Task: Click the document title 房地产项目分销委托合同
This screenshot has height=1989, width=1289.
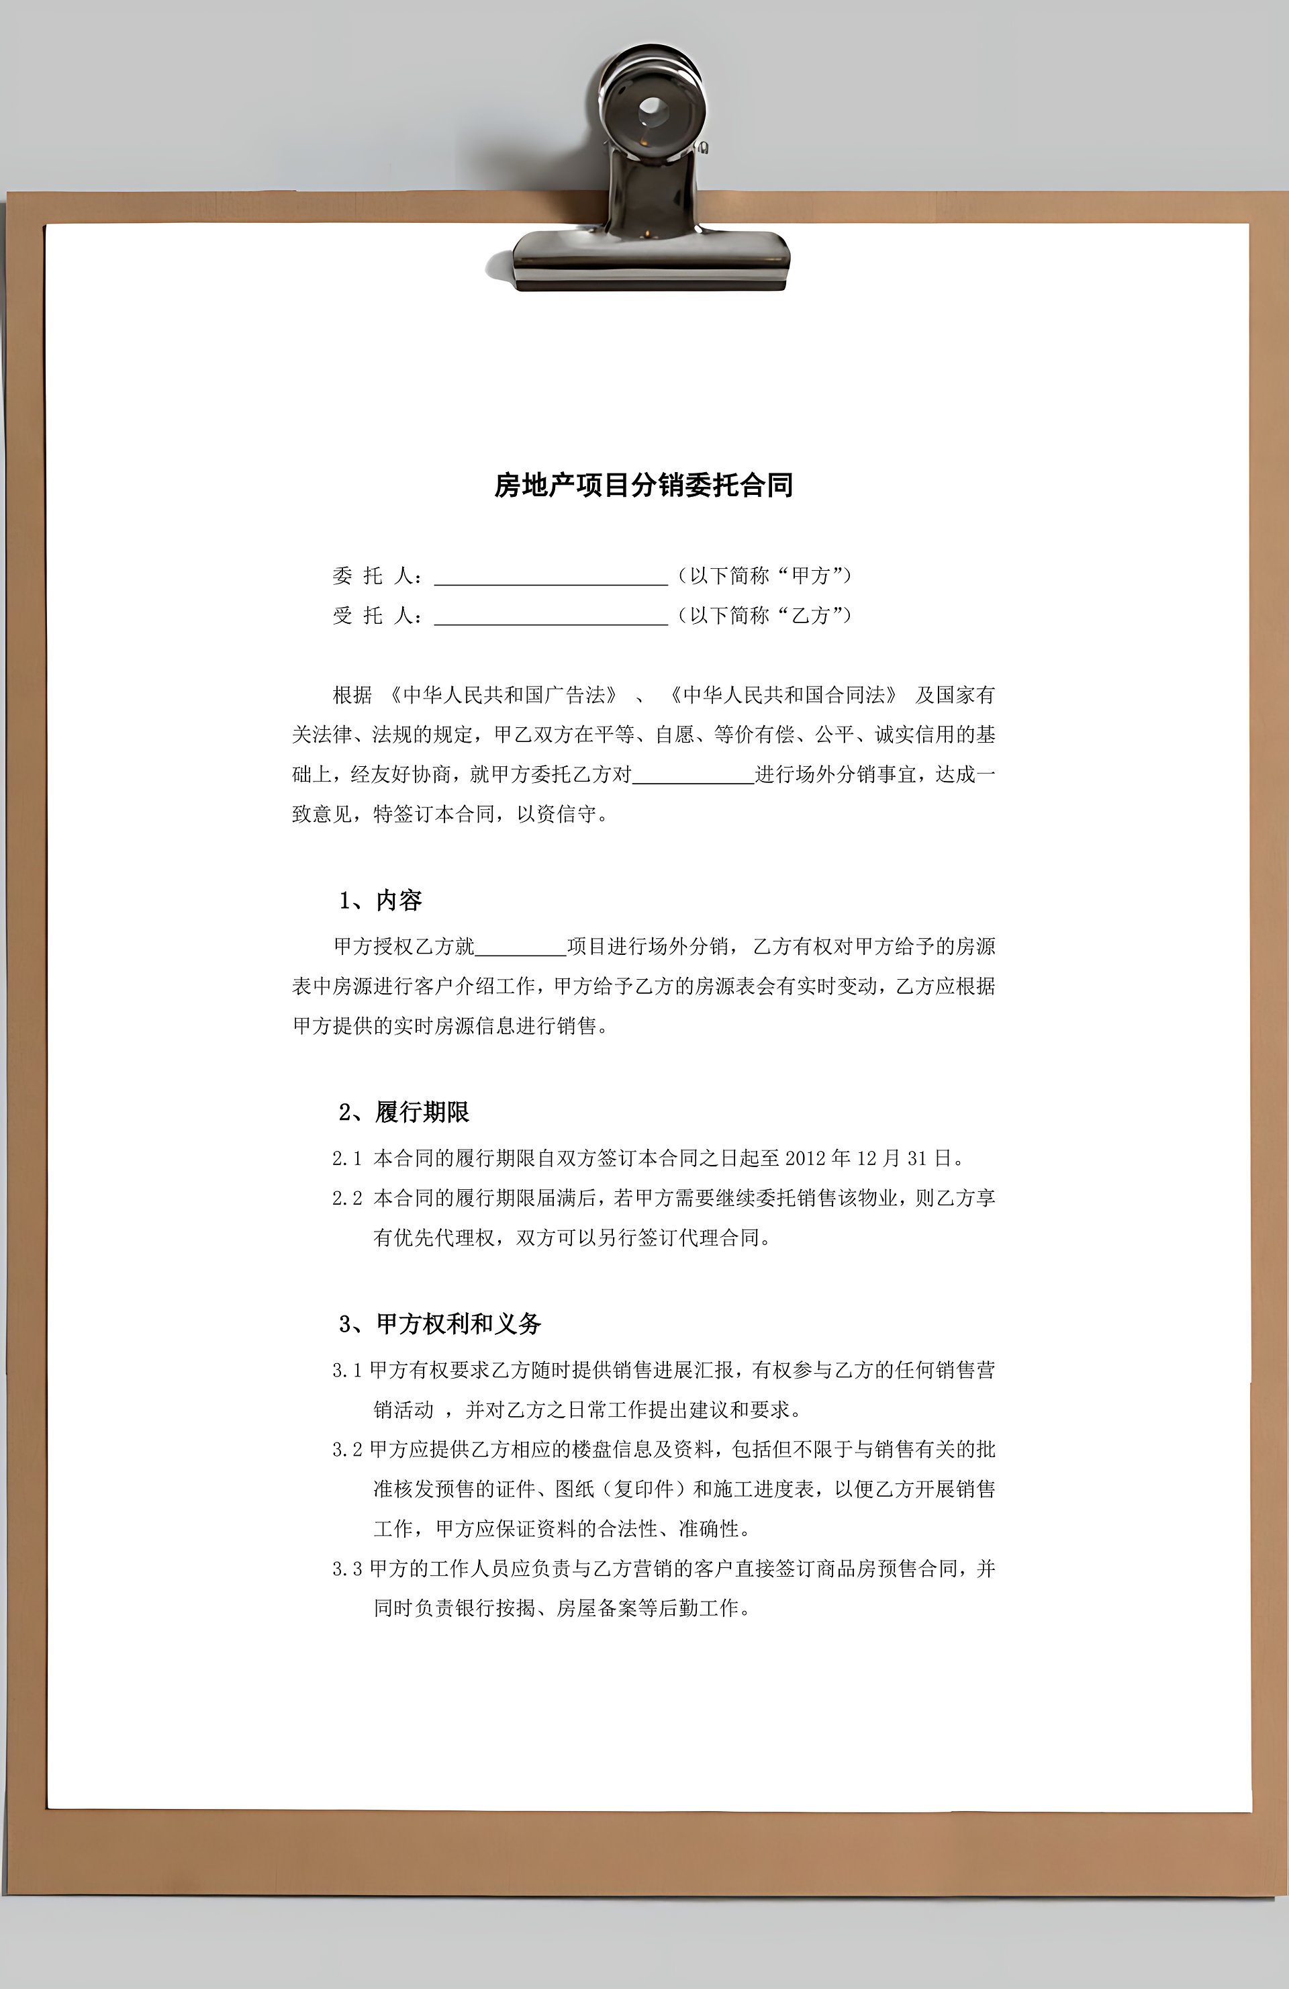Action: [643, 485]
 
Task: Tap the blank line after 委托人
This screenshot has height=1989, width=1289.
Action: [551, 577]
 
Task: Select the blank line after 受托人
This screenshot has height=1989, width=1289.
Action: [551, 616]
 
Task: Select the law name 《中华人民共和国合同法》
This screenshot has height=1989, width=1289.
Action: [783, 695]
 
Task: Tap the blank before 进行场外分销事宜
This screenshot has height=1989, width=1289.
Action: [694, 776]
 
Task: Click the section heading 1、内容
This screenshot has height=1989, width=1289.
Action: [380, 901]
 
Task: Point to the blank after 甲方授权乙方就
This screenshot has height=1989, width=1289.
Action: [520, 947]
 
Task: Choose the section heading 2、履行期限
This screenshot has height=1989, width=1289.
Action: [404, 1112]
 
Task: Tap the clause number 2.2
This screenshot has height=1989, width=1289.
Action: [346, 1199]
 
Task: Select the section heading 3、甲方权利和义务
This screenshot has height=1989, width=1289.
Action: [440, 1324]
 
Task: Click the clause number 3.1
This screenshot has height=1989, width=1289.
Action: [346, 1371]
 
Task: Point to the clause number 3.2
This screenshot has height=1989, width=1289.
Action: [346, 1450]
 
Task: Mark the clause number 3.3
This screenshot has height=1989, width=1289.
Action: [346, 1569]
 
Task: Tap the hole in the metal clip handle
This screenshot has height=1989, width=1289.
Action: [651, 109]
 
